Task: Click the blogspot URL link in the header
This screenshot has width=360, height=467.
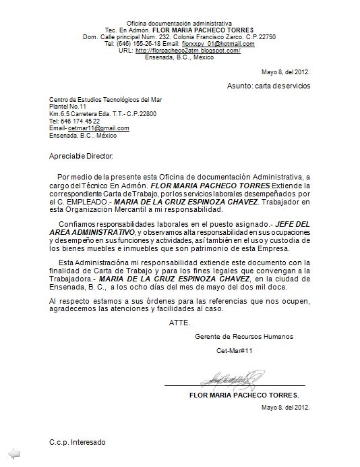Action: click(188, 51)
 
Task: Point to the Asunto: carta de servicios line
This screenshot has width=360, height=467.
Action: click(268, 86)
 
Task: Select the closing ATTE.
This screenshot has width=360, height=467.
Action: click(179, 322)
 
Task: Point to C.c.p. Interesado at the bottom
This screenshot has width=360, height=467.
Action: click(78, 442)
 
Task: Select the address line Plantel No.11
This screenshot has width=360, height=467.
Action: click(68, 107)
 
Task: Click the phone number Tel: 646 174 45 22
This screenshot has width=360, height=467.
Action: click(75, 121)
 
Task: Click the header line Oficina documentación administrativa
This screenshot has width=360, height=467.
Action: click(179, 23)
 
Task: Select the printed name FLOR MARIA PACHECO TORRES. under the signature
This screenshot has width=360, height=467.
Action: click(244, 395)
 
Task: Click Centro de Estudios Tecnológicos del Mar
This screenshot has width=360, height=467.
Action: click(105, 100)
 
